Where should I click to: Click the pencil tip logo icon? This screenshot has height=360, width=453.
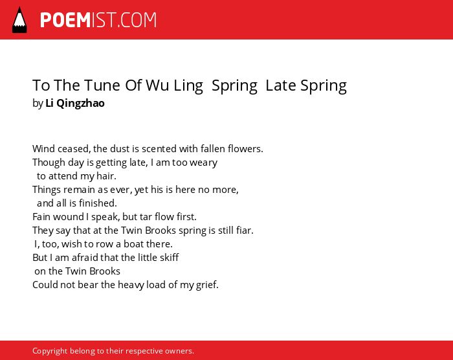pos(19,20)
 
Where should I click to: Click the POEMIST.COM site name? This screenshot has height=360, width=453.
pos(98,20)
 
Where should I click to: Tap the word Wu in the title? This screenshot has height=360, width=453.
pos(157,85)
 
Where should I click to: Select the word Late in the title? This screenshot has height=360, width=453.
pos(281,85)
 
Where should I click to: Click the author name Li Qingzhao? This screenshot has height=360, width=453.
pos(75,103)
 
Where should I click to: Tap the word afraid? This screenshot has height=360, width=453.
pos(85,257)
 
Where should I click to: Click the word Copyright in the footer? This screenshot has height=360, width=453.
pos(50,351)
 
